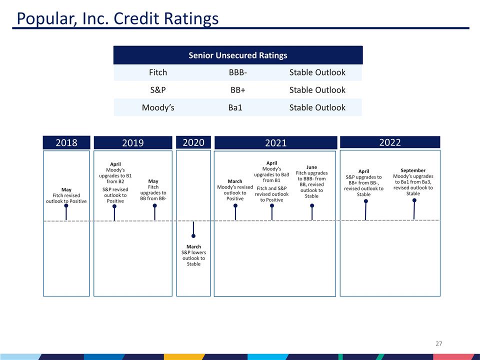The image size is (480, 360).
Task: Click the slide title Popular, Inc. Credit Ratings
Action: [117, 18]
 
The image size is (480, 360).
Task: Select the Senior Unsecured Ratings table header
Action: [237, 55]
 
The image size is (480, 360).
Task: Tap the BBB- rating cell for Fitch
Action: [237, 72]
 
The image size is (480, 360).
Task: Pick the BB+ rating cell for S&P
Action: [237, 90]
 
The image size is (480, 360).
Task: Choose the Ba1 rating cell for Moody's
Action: [235, 107]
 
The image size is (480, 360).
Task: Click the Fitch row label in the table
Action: [158, 72]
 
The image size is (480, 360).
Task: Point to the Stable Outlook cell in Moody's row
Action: [317, 107]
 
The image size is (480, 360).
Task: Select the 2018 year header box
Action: [66, 142]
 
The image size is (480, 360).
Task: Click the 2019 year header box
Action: [133, 143]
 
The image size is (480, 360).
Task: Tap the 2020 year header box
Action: [193, 142]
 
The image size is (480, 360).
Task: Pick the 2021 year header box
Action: [275, 143]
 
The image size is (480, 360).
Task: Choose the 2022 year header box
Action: [389, 142]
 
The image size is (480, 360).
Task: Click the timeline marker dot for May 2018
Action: [66, 205]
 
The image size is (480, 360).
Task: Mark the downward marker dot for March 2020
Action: [193, 236]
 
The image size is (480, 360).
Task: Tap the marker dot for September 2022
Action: [414, 200]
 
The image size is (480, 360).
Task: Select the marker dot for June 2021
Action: [312, 205]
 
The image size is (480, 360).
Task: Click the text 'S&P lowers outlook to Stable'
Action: [193, 258]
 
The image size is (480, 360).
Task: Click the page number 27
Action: [439, 343]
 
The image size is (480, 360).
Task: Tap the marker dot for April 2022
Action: [366, 201]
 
